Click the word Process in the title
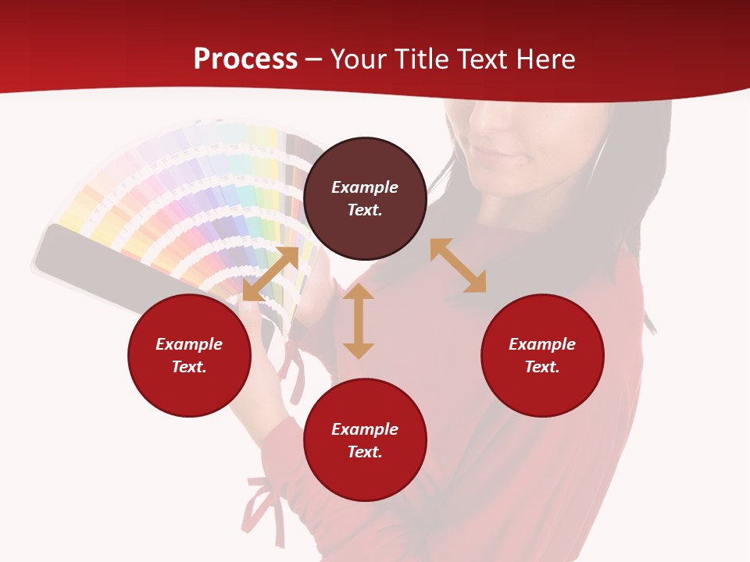coord(245,59)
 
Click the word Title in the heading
coord(423,59)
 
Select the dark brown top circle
coord(365,198)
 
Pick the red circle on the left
coord(189,355)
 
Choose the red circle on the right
coord(542,355)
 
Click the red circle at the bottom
coord(365,440)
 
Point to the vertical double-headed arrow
coord(359,322)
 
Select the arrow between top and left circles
coord(270,273)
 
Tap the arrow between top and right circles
coord(458,265)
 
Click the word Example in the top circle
coord(365,187)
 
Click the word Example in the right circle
coord(542,344)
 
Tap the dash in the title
coord(314,60)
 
